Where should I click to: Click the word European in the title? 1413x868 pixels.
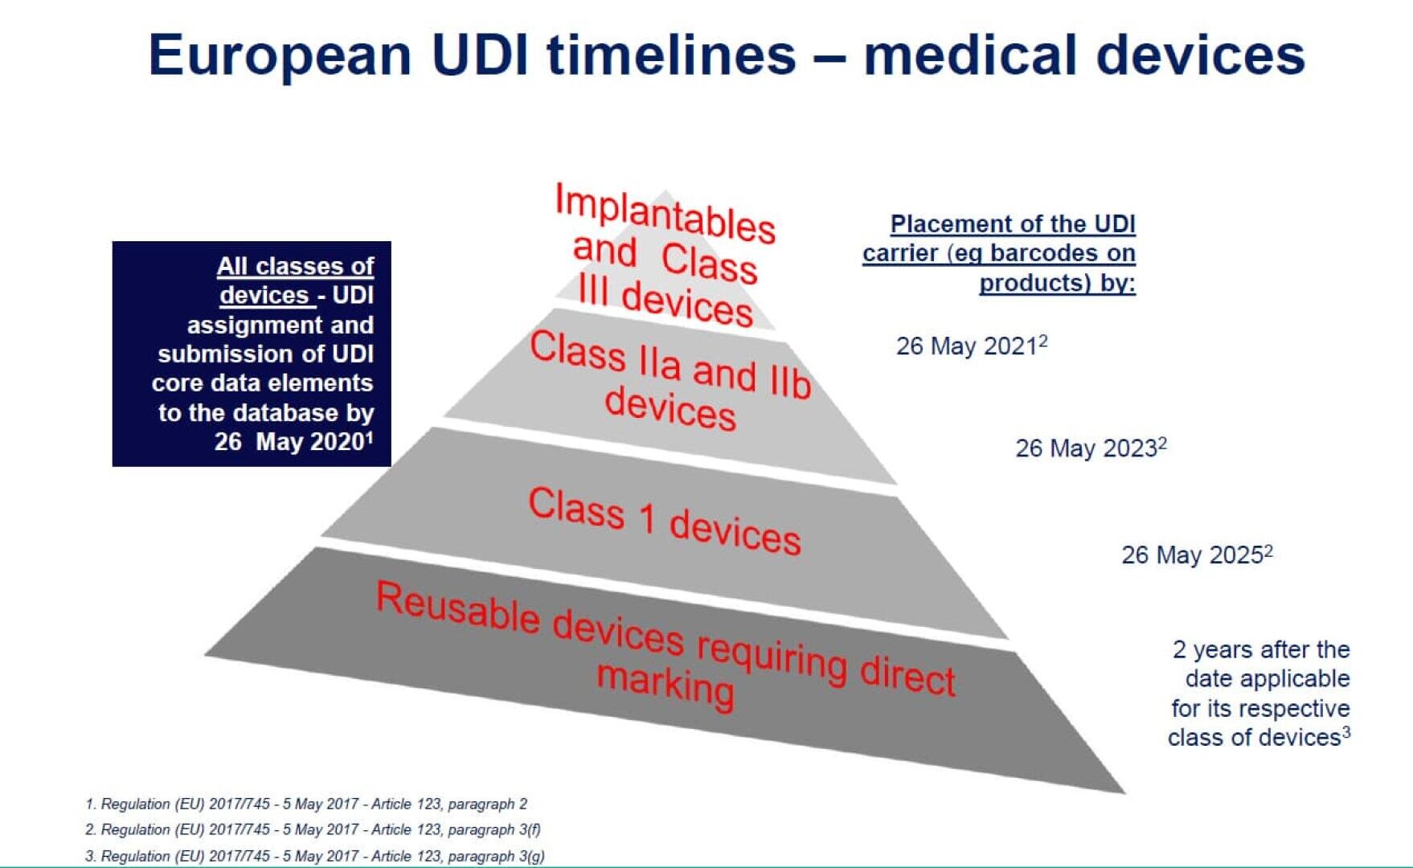coord(280,56)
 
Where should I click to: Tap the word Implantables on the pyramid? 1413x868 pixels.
coord(666,213)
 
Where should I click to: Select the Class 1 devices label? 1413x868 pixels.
coord(664,521)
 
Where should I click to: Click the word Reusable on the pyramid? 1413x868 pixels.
coord(458,608)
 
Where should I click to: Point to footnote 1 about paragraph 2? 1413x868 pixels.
coord(306,804)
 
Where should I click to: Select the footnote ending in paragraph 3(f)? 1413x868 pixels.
coord(313,829)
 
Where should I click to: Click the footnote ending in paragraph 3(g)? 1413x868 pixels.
coord(314,856)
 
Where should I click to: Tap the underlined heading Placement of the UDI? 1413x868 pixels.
coord(1013,224)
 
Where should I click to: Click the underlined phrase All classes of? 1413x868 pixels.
coord(295,266)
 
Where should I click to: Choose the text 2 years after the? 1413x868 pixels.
coord(1261,649)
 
